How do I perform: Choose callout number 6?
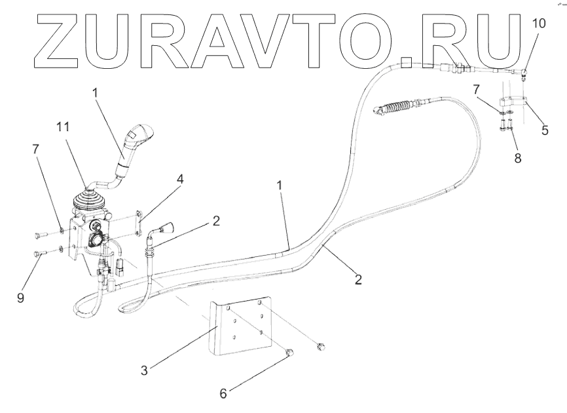[223, 393]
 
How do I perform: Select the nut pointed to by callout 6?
[289, 355]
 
